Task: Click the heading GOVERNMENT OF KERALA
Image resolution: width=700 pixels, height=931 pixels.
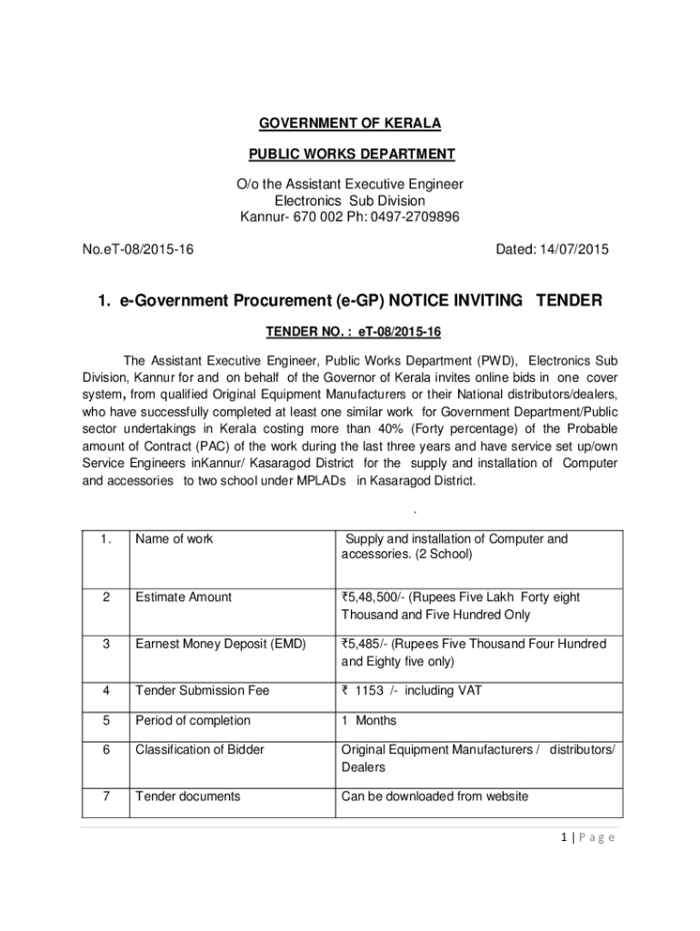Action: (x=350, y=123)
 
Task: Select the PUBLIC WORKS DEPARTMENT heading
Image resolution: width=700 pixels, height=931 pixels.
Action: (x=350, y=154)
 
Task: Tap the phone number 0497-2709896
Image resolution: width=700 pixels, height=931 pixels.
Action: (x=415, y=216)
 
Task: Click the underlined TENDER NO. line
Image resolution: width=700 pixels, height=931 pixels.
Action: (x=350, y=332)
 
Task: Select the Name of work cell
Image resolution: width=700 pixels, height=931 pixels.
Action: (x=175, y=539)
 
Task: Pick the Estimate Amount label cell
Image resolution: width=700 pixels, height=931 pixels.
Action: (x=184, y=597)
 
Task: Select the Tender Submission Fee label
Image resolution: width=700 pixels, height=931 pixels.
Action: (x=202, y=691)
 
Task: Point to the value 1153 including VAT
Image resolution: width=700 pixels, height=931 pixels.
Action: (x=411, y=691)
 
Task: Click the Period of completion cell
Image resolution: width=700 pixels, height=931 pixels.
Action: (x=193, y=721)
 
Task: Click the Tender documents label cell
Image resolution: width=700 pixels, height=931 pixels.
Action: (x=188, y=796)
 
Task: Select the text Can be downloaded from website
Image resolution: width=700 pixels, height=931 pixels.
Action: (x=435, y=796)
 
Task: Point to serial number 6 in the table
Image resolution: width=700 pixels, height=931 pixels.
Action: (x=106, y=750)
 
